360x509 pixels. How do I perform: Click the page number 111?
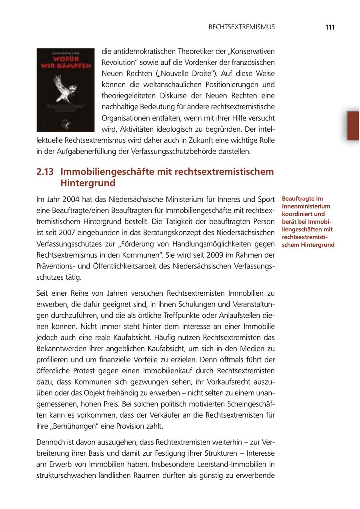[330, 27]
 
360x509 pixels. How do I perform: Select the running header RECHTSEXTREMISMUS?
[242, 27]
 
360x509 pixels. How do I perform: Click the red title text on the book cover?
[65, 61]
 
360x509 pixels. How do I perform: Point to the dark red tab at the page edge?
[353, 126]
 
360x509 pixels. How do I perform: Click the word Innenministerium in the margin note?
[306, 206]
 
